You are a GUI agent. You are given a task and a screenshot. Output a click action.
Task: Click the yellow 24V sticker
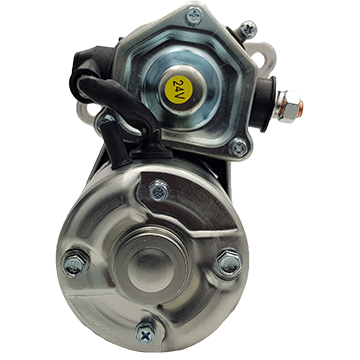pos(179,89)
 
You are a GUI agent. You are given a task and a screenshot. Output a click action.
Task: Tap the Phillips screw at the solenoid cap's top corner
pos(194,15)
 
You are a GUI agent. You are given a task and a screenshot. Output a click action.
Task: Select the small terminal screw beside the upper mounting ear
pos(248,30)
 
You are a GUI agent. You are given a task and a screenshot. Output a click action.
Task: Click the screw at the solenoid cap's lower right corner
pos(238,147)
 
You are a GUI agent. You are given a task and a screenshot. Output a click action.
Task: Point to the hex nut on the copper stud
pos(286,107)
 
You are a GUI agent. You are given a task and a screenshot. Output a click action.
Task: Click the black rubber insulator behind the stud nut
pos(267,104)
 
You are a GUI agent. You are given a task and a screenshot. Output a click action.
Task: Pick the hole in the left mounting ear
pos(85,113)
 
